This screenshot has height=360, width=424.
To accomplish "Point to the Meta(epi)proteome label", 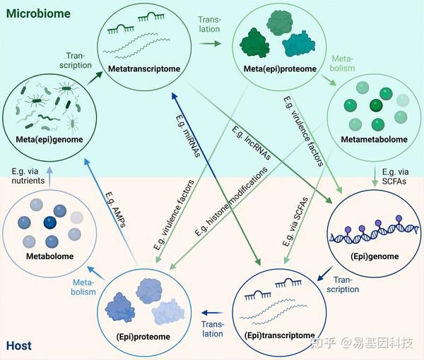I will point(272,70).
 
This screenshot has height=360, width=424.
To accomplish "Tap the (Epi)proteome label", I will point(143,337).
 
